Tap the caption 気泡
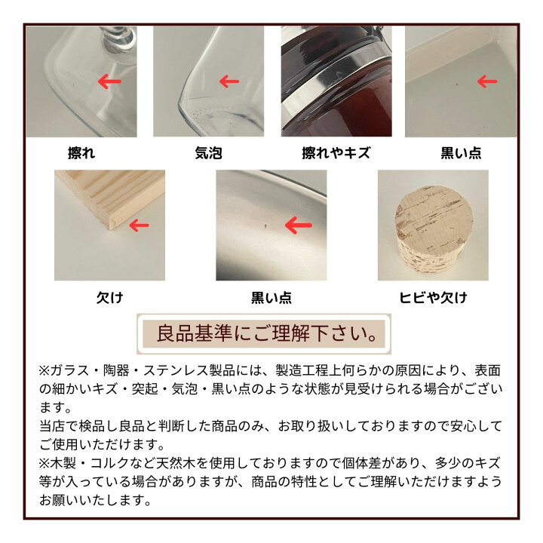click(x=208, y=153)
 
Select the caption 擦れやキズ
click(x=336, y=153)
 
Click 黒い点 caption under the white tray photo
click(x=461, y=153)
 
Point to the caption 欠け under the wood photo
click(x=110, y=298)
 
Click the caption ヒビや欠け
click(x=432, y=298)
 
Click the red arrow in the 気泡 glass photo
click(x=229, y=80)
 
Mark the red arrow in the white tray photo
click(x=486, y=80)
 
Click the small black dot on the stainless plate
click(x=265, y=225)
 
